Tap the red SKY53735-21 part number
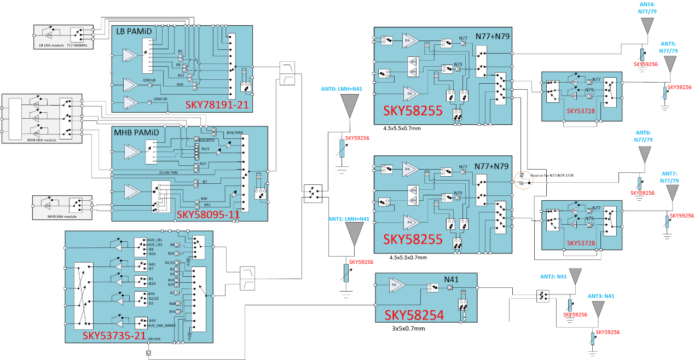click(114, 335)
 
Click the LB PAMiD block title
click(134, 32)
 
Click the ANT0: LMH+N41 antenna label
click(342, 89)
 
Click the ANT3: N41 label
click(601, 296)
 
